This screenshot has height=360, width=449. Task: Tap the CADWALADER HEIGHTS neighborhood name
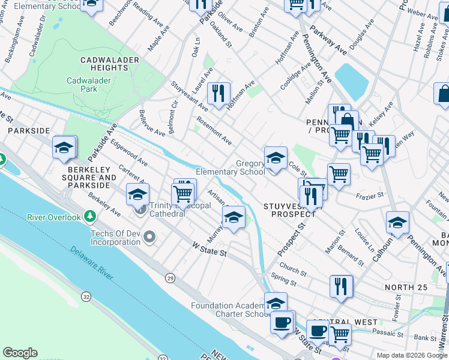click(110, 64)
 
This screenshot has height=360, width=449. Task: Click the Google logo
click(20, 353)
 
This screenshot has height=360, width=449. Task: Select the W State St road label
click(209, 249)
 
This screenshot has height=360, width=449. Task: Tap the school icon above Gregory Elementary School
click(275, 158)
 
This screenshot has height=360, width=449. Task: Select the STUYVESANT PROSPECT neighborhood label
click(289, 209)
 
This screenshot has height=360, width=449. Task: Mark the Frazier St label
click(370, 196)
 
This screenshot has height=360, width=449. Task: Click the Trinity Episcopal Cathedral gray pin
click(142, 209)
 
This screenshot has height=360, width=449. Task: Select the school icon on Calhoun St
click(397, 223)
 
